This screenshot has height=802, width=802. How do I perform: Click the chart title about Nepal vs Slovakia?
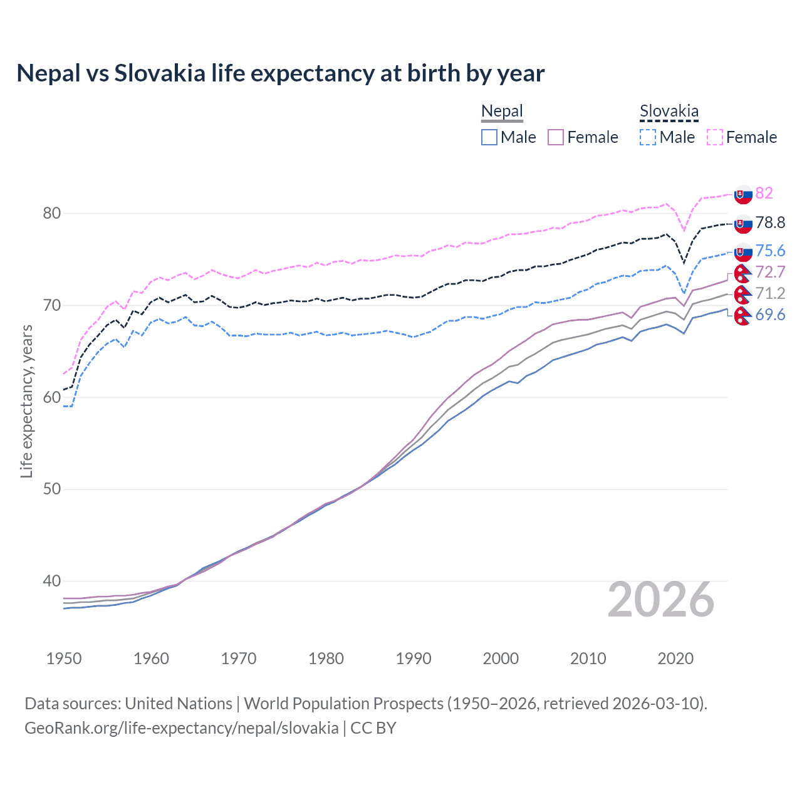(280, 73)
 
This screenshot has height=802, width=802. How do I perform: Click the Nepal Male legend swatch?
(489, 137)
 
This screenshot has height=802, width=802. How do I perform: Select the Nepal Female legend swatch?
(556, 137)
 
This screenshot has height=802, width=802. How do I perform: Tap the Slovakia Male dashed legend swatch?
(648, 137)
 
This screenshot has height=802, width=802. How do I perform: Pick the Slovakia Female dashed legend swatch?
(715, 137)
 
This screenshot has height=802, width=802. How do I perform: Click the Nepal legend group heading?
(502, 112)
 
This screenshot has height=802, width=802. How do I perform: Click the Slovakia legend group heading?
(669, 112)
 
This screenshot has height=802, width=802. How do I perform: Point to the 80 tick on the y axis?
(52, 214)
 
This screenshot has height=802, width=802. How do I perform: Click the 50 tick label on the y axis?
(52, 489)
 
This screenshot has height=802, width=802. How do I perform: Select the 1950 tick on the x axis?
(64, 659)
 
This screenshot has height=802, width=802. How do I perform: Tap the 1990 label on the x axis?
(414, 659)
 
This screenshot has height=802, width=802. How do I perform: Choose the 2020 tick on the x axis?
(675, 659)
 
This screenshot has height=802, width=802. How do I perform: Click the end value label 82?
(764, 193)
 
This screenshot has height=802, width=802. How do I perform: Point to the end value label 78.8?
(770, 222)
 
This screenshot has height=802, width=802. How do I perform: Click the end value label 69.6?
(770, 315)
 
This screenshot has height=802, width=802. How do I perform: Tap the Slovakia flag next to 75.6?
(743, 252)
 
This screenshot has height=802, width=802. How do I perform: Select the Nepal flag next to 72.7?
(743, 273)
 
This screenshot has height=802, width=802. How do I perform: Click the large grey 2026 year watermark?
(661, 600)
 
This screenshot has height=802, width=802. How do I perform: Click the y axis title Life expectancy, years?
(26, 401)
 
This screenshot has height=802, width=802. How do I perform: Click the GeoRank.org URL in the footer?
(182, 728)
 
